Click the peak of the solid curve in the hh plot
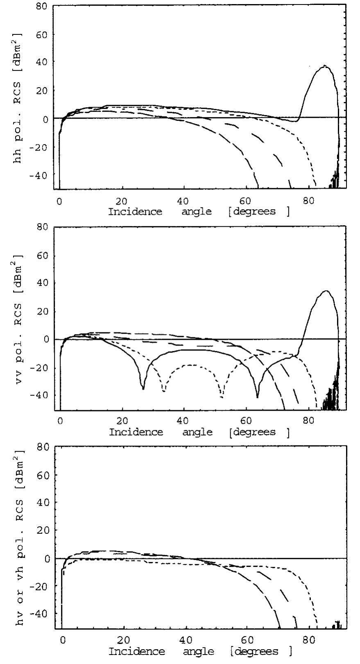tap(325, 65)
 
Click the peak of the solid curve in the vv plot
tap(326, 291)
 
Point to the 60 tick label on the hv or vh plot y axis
tap(42, 475)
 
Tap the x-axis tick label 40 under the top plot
tap(183, 201)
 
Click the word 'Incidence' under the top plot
tap(135, 212)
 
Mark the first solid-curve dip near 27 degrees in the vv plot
tap(143, 388)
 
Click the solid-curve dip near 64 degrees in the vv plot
tap(257, 397)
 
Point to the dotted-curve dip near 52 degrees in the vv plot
tap(222, 397)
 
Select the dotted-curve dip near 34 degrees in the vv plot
tap(164, 391)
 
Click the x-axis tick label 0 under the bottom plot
tap(63, 641)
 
